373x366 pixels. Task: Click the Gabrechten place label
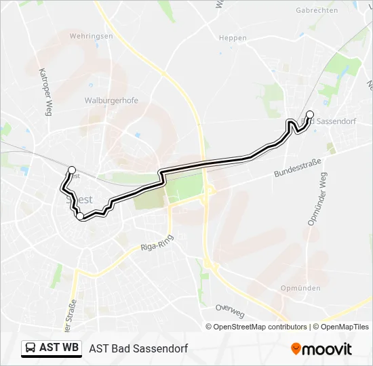point(317,11)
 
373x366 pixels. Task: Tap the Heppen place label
point(233,38)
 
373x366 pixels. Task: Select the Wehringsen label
point(91,35)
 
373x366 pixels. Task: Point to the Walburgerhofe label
point(111,100)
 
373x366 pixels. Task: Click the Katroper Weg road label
point(45,92)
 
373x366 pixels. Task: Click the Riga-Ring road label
point(157,243)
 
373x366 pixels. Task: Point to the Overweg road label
point(229,310)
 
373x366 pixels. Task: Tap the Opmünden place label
point(300,288)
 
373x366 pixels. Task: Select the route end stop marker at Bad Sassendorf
point(310,115)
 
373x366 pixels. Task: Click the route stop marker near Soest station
point(72,169)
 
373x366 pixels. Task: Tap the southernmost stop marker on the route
point(80,216)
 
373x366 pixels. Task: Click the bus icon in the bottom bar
point(31,348)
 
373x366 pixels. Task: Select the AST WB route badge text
point(59,348)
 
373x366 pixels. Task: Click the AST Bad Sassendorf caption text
point(138,348)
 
